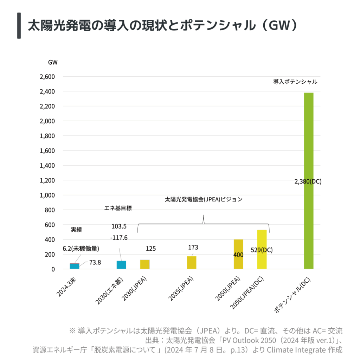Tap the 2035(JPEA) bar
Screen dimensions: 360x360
(192, 263)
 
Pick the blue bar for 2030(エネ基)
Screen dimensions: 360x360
(121, 265)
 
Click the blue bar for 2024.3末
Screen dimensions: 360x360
(75, 266)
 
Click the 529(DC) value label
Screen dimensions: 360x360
(262, 250)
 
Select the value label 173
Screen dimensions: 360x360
(193, 247)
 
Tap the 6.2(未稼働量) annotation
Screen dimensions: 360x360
(81, 249)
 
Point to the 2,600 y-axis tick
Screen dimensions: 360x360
(48, 77)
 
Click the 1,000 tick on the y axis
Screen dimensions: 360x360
(48, 195)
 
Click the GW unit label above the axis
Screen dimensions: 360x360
(53, 62)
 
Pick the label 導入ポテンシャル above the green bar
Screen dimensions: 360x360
(295, 82)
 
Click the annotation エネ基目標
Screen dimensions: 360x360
(118, 208)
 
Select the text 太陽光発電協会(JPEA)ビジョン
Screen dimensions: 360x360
(204, 199)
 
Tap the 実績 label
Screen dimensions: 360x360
(76, 229)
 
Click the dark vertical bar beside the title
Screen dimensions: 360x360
(19, 26)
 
